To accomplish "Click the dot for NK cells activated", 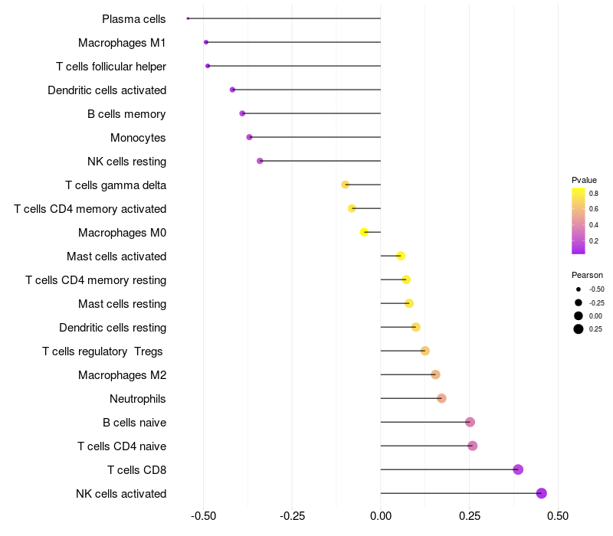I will tap(542, 493).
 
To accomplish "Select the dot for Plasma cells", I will tap(188, 18).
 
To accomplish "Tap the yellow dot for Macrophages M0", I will tap(365, 232).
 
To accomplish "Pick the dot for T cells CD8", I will tap(518, 469).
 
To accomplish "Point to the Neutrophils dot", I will tap(441, 398).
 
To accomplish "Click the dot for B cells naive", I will tap(470, 422).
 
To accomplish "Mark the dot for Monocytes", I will tap(249, 137).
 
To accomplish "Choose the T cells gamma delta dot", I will tap(346, 185).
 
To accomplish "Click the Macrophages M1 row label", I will tap(122, 43).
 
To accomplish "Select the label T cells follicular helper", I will tap(111, 67).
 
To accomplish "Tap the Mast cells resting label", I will tap(122, 304).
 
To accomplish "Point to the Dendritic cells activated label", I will tap(107, 90).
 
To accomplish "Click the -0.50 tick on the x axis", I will tap(203, 516).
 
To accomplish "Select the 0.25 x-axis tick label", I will tap(470, 516).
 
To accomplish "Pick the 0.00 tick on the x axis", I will tap(381, 516).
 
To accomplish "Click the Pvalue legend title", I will tap(584, 180).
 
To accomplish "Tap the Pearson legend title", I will tap(587, 275).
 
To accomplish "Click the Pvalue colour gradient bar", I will tap(579, 221).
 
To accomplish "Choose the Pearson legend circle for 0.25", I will tap(579, 329).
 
